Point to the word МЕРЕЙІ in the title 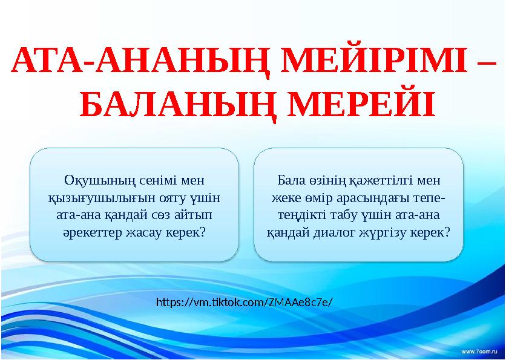click(x=358, y=105)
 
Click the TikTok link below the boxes click(x=245, y=301)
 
